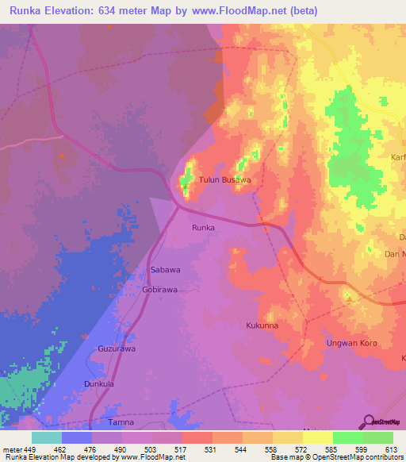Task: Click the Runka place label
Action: (204, 227)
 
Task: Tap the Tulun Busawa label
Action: (224, 180)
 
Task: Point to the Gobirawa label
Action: (159, 290)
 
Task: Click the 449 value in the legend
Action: (31, 449)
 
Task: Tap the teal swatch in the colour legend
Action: (47, 437)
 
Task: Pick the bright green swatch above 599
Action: (347, 437)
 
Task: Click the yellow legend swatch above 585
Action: (317, 437)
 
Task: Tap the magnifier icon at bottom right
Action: (367, 422)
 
